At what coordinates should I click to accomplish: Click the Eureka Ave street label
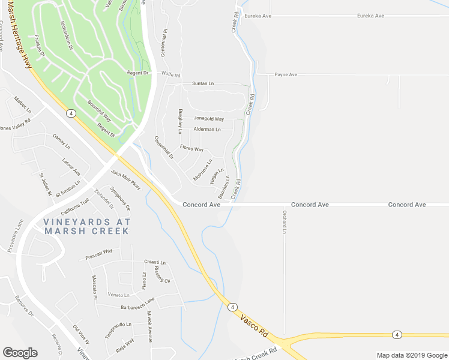coord(370,16)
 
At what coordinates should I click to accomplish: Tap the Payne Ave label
coord(286,75)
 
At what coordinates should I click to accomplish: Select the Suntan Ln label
coord(203,83)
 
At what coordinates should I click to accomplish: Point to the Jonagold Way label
coord(208,119)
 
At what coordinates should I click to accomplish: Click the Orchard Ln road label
coord(285,222)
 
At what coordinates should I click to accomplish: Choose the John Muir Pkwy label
coord(126,180)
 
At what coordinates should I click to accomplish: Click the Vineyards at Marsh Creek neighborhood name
coord(86,226)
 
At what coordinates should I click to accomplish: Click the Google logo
coord(20,353)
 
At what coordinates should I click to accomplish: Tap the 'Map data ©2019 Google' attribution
coord(411,355)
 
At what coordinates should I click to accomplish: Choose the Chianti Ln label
coord(154,262)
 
